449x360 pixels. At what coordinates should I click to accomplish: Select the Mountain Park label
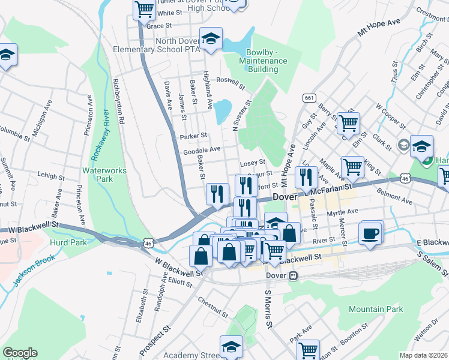pos(376,310)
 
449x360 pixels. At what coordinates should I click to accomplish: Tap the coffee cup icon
pos(370,233)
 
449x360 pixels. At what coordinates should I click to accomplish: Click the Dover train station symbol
pos(293,276)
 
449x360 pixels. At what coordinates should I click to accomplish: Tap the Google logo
pos(20,353)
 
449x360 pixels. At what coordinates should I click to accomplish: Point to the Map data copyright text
pos(423,355)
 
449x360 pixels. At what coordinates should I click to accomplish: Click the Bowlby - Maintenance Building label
pos(262,61)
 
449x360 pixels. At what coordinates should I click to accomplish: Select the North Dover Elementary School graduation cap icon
pos(211,38)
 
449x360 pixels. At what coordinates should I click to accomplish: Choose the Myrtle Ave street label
pos(343,211)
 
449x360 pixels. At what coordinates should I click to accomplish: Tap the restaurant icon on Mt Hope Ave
pos(306,176)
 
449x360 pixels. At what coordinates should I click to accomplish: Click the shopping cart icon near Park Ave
pos(309,349)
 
